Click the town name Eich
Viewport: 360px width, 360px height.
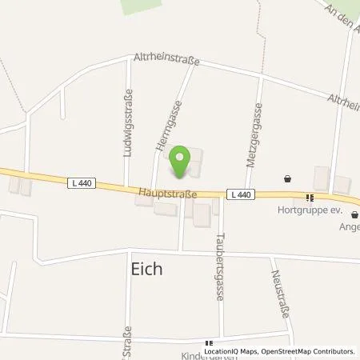click(146, 270)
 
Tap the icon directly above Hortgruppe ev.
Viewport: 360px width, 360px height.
click(309, 197)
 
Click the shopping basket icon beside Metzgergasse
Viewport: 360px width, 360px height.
click(288, 178)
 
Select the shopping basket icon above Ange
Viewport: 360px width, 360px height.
click(355, 214)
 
